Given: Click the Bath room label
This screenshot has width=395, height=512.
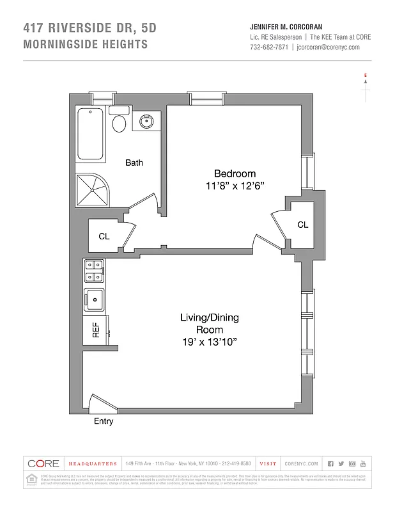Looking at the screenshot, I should pyautogui.click(x=134, y=163).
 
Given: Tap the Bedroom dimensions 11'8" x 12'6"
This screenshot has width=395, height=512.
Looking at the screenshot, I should pyautogui.click(x=235, y=185).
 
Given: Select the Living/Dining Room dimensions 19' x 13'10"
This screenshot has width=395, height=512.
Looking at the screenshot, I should pyautogui.click(x=210, y=342).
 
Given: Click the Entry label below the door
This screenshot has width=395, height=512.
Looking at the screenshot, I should pyautogui.click(x=104, y=421).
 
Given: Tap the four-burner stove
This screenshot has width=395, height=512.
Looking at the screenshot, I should pyautogui.click(x=95, y=271).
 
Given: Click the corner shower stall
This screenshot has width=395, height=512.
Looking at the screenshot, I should pyautogui.click(x=92, y=188).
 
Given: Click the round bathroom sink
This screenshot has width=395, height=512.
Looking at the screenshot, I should pyautogui.click(x=146, y=120).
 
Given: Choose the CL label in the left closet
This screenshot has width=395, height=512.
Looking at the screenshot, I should pyautogui.click(x=104, y=236).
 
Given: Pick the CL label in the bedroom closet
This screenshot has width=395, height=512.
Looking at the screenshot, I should pyautogui.click(x=302, y=225).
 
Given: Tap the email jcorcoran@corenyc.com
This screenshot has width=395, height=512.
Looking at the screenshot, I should pyautogui.click(x=334, y=47).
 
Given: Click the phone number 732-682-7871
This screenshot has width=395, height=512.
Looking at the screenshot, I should pyautogui.click(x=268, y=47).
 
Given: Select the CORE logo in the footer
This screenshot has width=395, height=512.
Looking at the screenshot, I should pyautogui.click(x=43, y=463).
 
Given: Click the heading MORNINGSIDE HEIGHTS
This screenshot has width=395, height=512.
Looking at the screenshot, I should pyautogui.click(x=85, y=44).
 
